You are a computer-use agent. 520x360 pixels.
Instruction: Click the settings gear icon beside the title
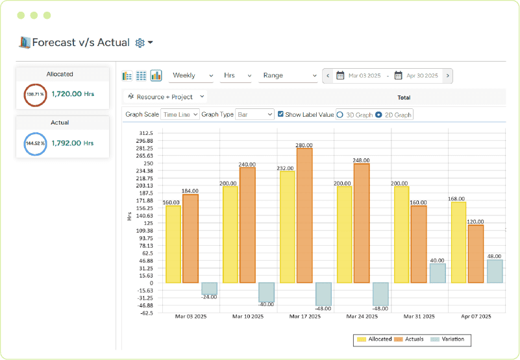pyautogui.click(x=140, y=43)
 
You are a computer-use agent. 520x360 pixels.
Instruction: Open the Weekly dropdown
pyautogui.click(x=192, y=76)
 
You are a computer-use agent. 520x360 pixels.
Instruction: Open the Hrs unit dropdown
pyautogui.click(x=236, y=76)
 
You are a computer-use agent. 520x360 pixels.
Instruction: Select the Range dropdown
pyautogui.click(x=288, y=76)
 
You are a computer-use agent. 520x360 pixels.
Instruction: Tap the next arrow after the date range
pyautogui.click(x=448, y=76)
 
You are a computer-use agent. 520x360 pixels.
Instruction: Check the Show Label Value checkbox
pyautogui.click(x=280, y=115)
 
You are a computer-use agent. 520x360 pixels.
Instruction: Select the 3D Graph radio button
pyautogui.click(x=340, y=115)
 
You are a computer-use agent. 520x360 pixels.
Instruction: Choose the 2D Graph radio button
pyautogui.click(x=379, y=115)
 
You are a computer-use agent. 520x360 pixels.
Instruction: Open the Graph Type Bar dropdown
pyautogui.click(x=254, y=115)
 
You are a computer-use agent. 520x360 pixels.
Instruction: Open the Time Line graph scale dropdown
pyautogui.click(x=180, y=115)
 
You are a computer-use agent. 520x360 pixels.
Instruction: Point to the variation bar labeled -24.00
pyautogui.click(x=209, y=289)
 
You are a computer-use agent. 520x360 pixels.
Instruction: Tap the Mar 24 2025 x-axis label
pyautogui.click(x=362, y=317)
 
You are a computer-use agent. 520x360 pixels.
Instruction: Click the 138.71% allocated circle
pyautogui.click(x=34, y=95)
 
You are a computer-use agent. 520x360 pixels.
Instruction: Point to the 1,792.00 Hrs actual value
pyautogui.click(x=73, y=143)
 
